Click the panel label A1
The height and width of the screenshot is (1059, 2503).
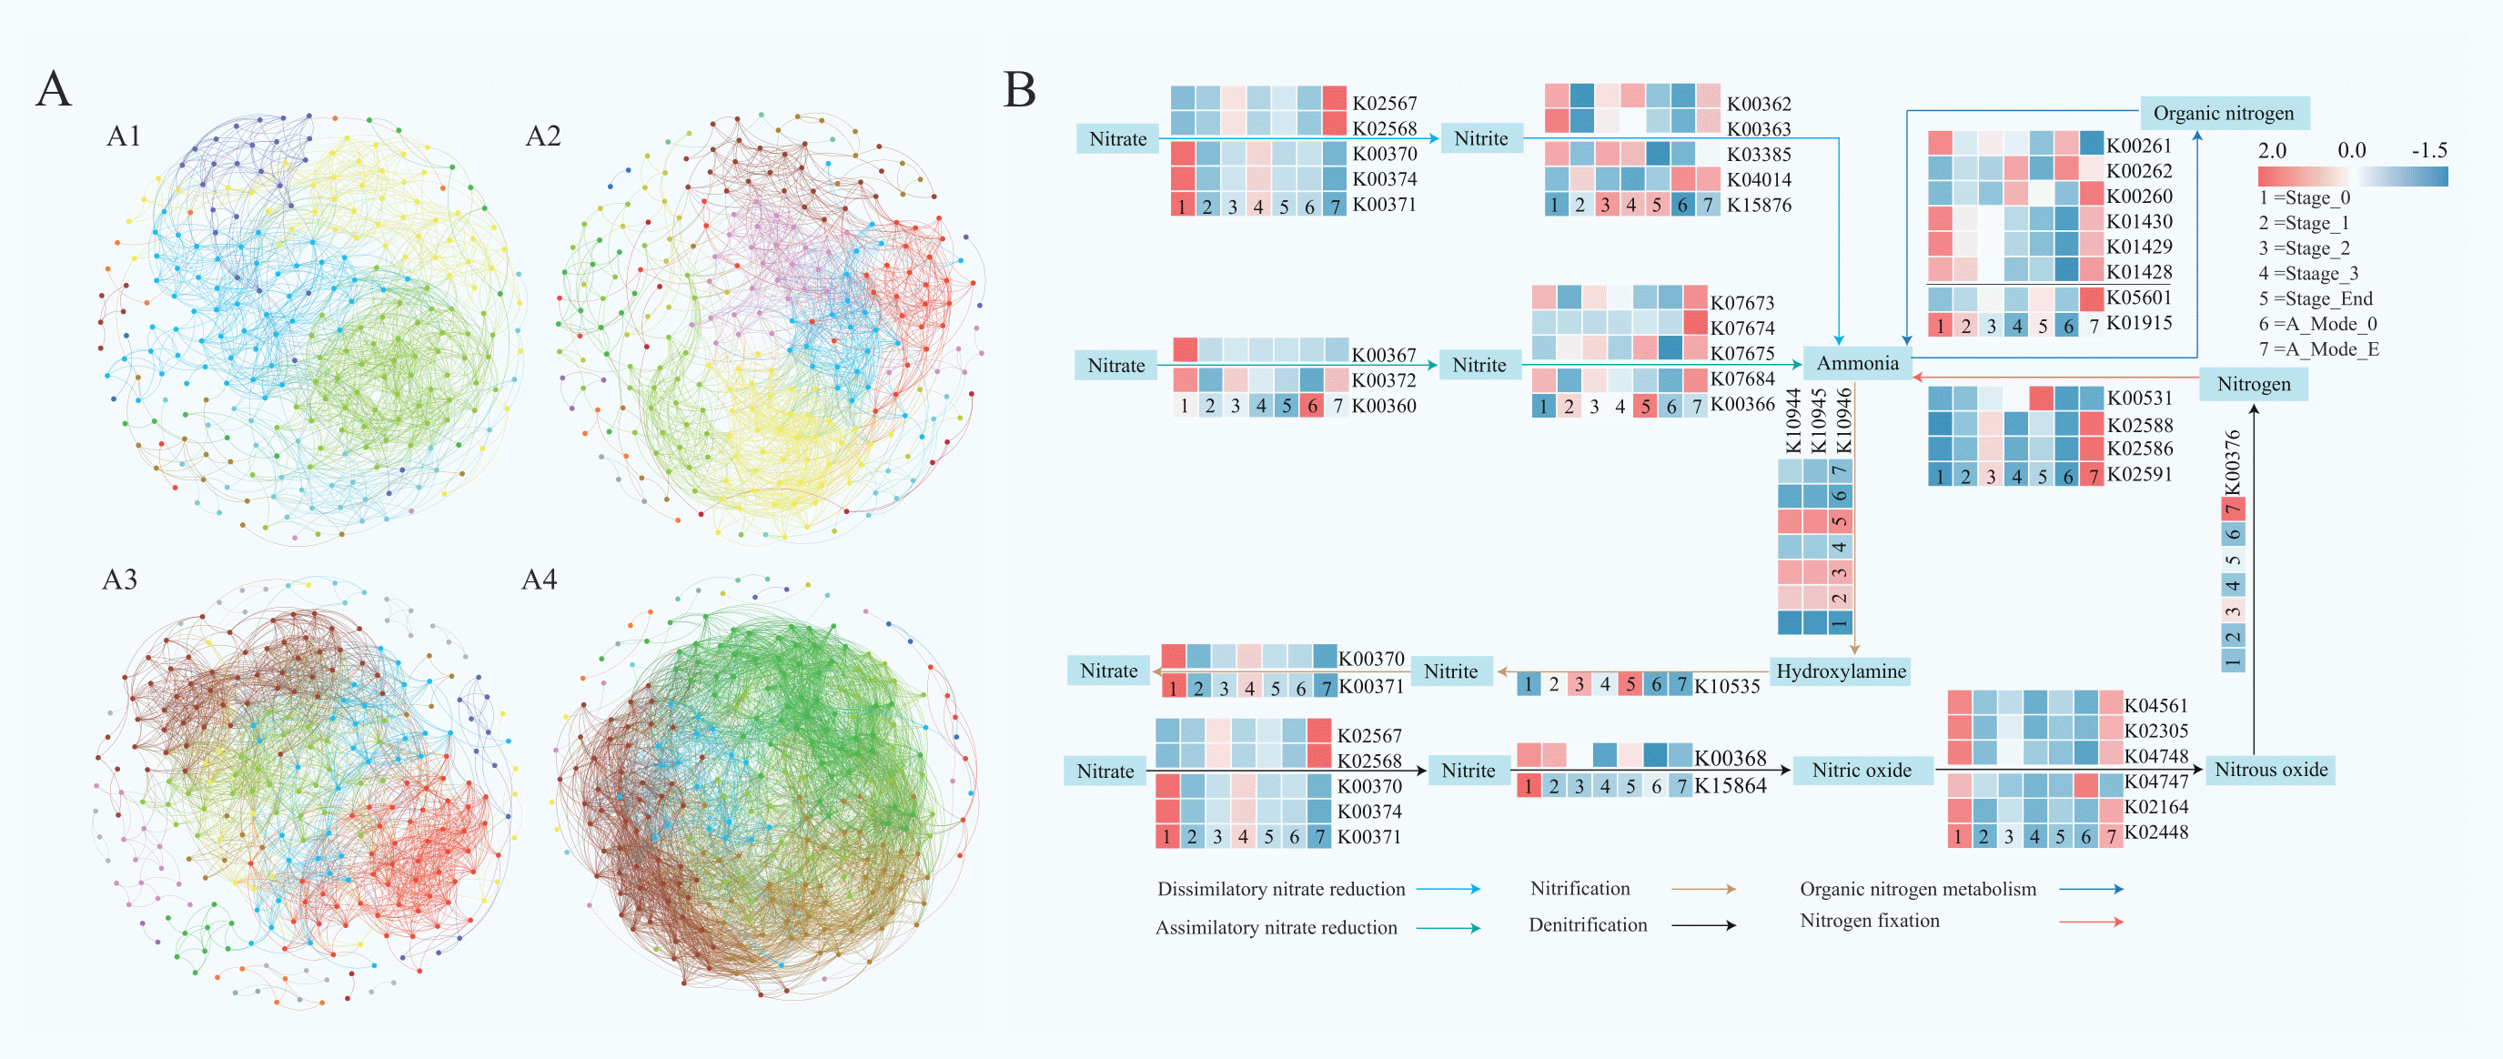click(x=124, y=136)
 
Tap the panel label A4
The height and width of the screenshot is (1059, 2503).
click(x=540, y=580)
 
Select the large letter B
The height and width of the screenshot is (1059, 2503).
click(x=1019, y=90)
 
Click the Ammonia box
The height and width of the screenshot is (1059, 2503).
click(x=1857, y=363)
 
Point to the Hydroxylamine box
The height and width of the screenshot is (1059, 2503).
click(x=1841, y=671)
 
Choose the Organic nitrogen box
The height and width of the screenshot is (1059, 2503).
click(x=2223, y=114)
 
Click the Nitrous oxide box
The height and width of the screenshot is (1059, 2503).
click(x=2271, y=770)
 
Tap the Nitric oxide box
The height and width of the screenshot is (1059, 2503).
click(x=1861, y=771)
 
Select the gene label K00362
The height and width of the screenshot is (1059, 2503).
click(x=1759, y=104)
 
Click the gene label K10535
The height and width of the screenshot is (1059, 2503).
click(x=1727, y=686)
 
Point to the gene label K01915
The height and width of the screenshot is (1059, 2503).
click(x=2139, y=323)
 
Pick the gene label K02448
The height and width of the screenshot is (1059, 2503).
click(x=2156, y=832)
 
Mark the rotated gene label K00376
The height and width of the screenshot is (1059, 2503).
click(x=2233, y=461)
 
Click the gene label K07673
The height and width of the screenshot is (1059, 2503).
click(x=1742, y=303)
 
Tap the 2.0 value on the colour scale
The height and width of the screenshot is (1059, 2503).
click(x=2272, y=151)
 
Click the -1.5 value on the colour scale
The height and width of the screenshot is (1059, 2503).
click(x=2429, y=151)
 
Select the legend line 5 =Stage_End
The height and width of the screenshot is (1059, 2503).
click(x=2316, y=298)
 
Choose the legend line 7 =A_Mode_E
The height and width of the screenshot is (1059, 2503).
click(x=2318, y=348)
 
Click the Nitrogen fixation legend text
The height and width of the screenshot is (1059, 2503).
click(x=1870, y=920)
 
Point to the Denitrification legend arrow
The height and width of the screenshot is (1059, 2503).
click(x=1703, y=925)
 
